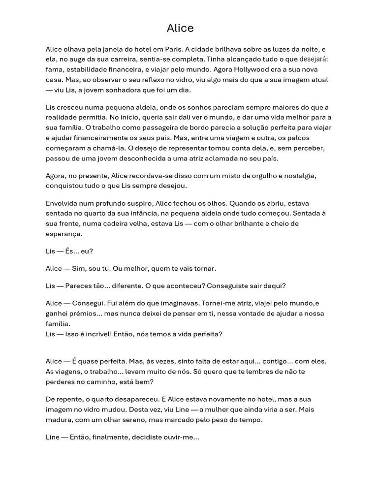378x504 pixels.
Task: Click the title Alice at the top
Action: point(180,29)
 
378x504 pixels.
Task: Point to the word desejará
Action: point(314,60)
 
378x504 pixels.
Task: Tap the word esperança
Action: point(63,234)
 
